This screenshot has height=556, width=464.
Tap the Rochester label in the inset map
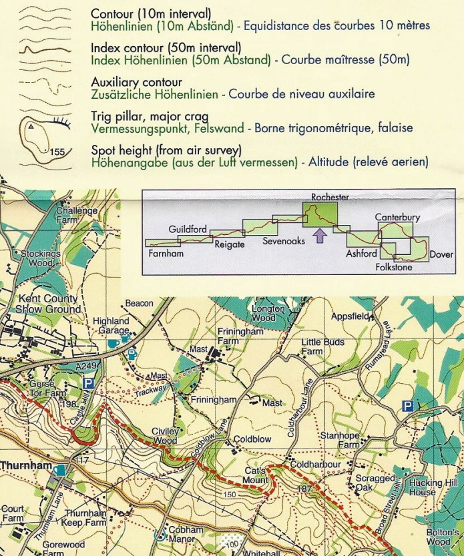pyautogui.click(x=330, y=198)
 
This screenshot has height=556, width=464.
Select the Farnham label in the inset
pyautogui.click(x=166, y=254)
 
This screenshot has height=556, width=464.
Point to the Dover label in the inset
pyautogui.click(x=441, y=254)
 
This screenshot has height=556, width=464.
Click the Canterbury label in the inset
pyautogui.click(x=397, y=218)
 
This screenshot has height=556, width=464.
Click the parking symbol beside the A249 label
pyautogui.click(x=88, y=383)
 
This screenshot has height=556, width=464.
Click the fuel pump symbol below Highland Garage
pyautogui.click(x=132, y=354)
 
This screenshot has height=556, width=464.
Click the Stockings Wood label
pyautogui.click(x=41, y=258)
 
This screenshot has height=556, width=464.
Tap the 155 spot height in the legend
pyautogui.click(x=57, y=152)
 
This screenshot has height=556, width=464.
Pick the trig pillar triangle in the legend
pyautogui.click(x=31, y=125)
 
